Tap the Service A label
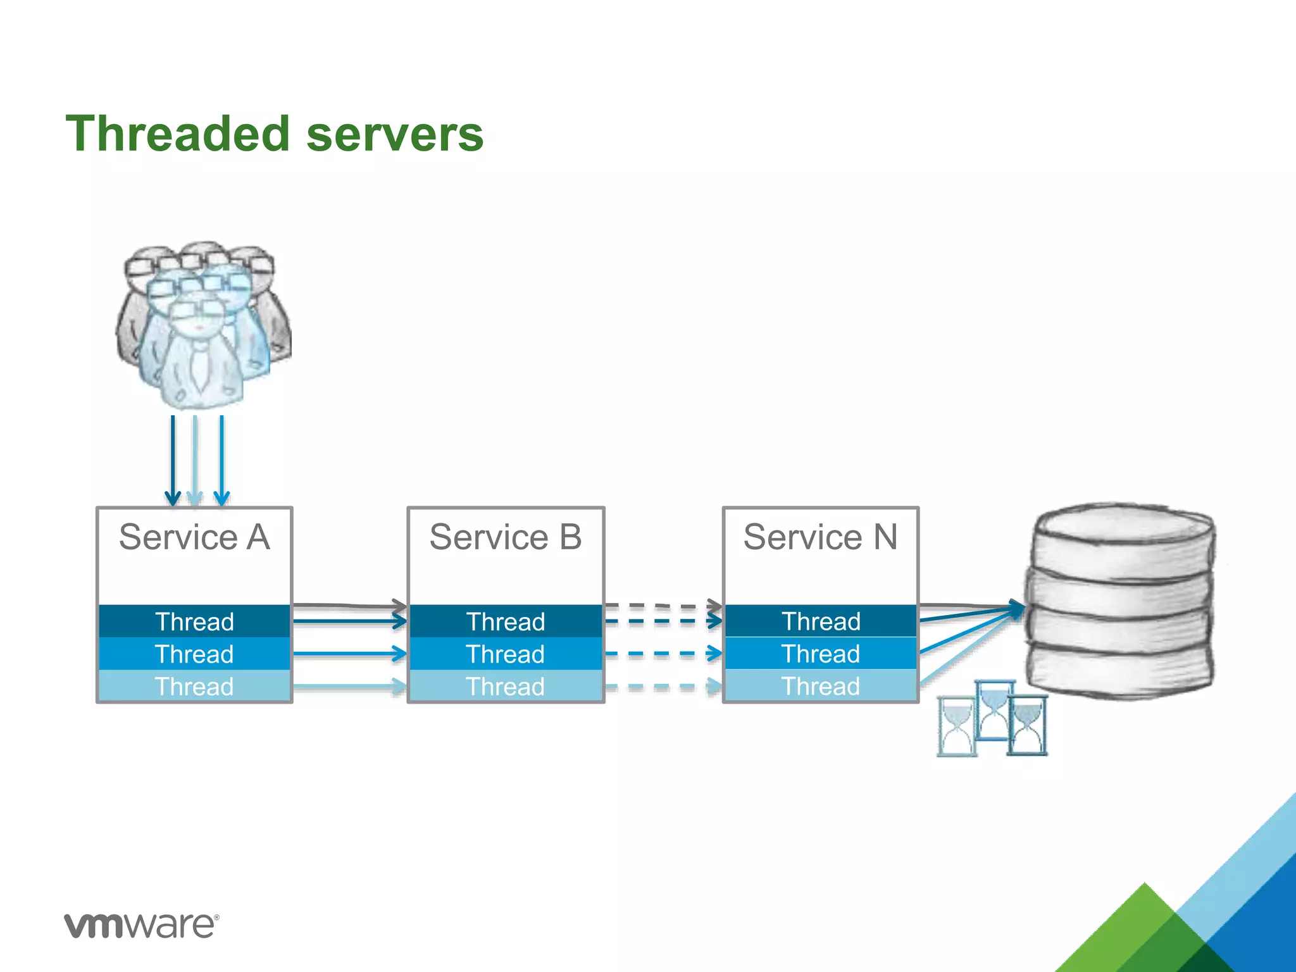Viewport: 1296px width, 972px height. [x=194, y=537]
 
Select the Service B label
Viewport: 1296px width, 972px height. [x=506, y=537]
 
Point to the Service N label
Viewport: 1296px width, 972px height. [x=820, y=537]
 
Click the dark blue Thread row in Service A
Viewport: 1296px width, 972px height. [x=194, y=621]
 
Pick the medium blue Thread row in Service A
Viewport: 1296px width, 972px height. [x=194, y=654]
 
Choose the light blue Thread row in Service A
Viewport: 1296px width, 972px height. [x=194, y=687]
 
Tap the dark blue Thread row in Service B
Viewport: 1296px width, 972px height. [x=506, y=621]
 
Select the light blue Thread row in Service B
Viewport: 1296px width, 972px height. [x=506, y=687]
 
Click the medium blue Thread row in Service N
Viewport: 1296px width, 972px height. [x=820, y=654]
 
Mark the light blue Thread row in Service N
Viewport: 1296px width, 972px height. [x=820, y=687]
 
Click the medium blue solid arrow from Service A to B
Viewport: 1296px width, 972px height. [x=348, y=653]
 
